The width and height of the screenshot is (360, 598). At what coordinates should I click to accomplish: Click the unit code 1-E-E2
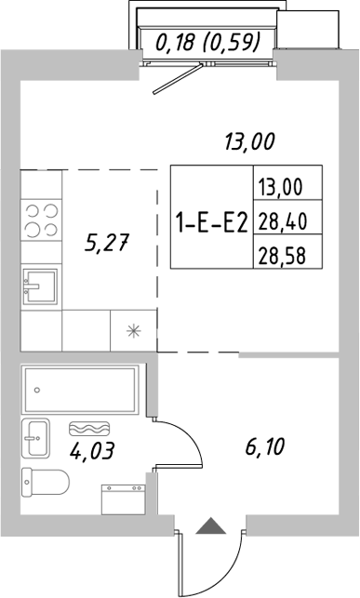point(210,221)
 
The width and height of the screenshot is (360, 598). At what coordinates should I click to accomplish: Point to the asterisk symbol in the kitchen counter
point(132,330)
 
